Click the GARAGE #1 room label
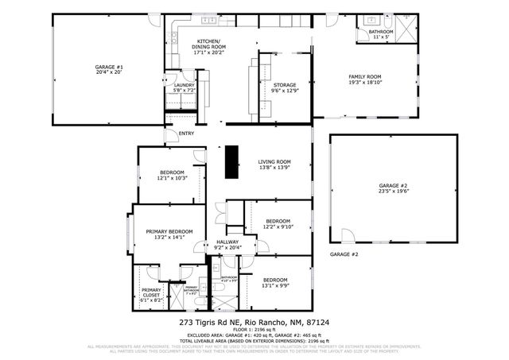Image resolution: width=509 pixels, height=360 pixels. point(109,67)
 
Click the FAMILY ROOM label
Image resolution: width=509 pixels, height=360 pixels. point(366,76)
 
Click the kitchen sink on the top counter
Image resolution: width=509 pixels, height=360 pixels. point(208,19)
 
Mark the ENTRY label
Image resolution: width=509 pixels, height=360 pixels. point(186,134)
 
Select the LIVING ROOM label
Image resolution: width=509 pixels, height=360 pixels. point(274,161)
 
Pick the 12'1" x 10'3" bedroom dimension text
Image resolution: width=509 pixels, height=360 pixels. point(172,178)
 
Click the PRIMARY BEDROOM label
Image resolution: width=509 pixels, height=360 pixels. point(169,231)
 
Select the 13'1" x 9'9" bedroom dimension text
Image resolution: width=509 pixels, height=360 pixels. point(274,285)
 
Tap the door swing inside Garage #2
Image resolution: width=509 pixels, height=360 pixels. point(346,236)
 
